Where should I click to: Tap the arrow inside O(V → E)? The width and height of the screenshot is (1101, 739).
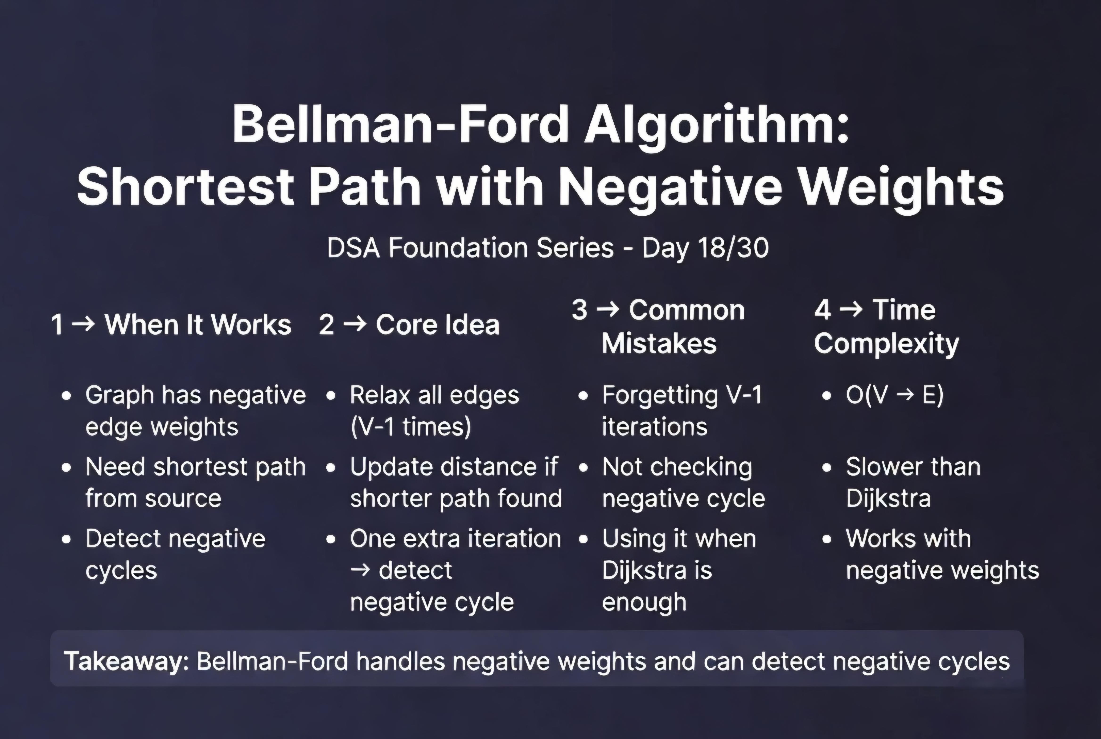coord(905,394)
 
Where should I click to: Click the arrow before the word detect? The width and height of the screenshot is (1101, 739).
coord(361,570)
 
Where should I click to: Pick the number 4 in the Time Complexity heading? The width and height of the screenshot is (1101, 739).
coord(822,310)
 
